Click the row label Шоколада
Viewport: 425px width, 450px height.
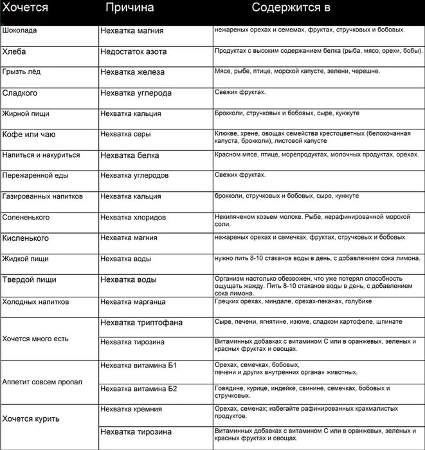tap(20, 30)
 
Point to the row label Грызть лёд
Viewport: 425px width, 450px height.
tap(22, 71)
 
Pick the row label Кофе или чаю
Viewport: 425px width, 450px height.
tap(29, 135)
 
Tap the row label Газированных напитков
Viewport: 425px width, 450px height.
tap(43, 196)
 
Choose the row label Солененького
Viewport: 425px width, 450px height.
tap(26, 217)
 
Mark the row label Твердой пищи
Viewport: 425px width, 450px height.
tap(29, 279)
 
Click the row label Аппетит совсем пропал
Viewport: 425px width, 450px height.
tap(42, 381)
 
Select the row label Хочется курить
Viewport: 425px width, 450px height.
tap(31, 418)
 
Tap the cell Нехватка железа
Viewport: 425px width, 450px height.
tap(132, 72)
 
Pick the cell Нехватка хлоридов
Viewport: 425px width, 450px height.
tap(136, 218)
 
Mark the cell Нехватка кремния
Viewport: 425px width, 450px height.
tap(131, 409)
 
